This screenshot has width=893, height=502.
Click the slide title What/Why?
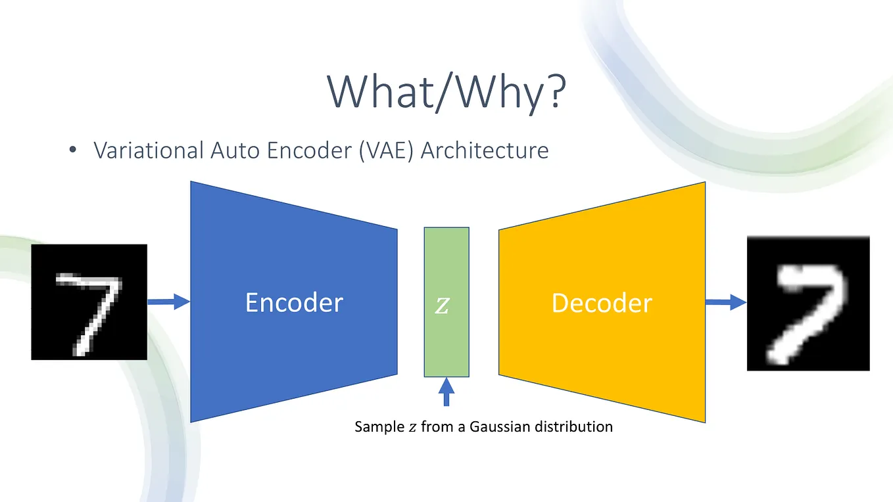coord(446,92)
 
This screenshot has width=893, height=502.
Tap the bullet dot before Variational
coord(73,151)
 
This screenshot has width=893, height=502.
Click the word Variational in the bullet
coord(149,150)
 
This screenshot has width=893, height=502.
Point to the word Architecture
coord(485,150)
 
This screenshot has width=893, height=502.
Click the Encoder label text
coord(294,303)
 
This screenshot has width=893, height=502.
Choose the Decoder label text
coord(602,303)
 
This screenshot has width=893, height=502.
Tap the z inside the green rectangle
coord(443,306)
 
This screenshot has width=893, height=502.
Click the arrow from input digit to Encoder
coord(168,302)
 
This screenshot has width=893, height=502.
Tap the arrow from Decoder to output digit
coord(726,302)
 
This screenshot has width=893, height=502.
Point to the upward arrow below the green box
coord(446,392)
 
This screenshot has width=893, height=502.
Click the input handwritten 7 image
coord(89,302)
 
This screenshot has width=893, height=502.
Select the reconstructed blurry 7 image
coord(808,304)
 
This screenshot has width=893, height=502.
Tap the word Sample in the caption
coord(379,427)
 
